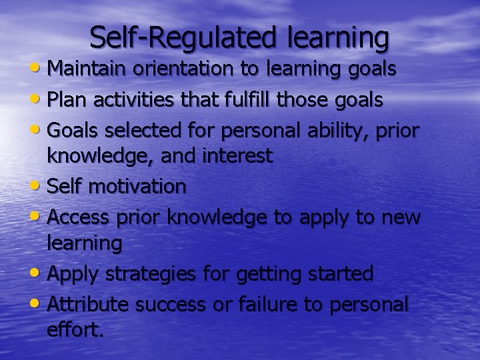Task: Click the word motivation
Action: [x=137, y=187]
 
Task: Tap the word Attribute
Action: [x=90, y=304]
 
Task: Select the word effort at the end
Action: [x=75, y=329]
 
